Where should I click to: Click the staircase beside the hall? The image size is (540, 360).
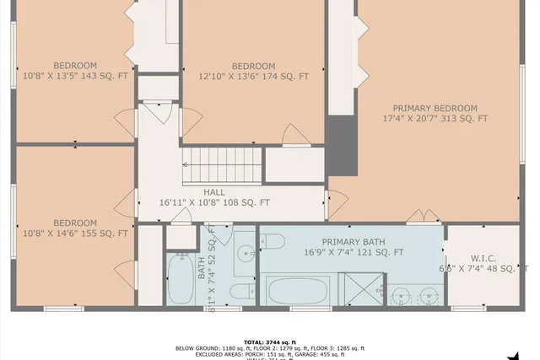(x=219, y=159)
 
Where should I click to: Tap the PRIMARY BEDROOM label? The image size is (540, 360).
(x=435, y=108)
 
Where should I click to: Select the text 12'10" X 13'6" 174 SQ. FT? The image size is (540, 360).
(x=253, y=77)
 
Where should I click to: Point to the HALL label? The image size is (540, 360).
(x=191, y=192)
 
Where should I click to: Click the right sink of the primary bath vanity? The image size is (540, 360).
(x=428, y=294)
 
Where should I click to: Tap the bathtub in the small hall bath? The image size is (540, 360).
(x=181, y=281)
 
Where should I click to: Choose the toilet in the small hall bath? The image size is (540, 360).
(x=241, y=292)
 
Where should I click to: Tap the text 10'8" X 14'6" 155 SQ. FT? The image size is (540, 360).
(x=75, y=234)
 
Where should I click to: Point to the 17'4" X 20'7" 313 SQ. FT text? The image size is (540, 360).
(x=435, y=119)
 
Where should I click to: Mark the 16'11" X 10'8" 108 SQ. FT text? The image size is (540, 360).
(x=214, y=202)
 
